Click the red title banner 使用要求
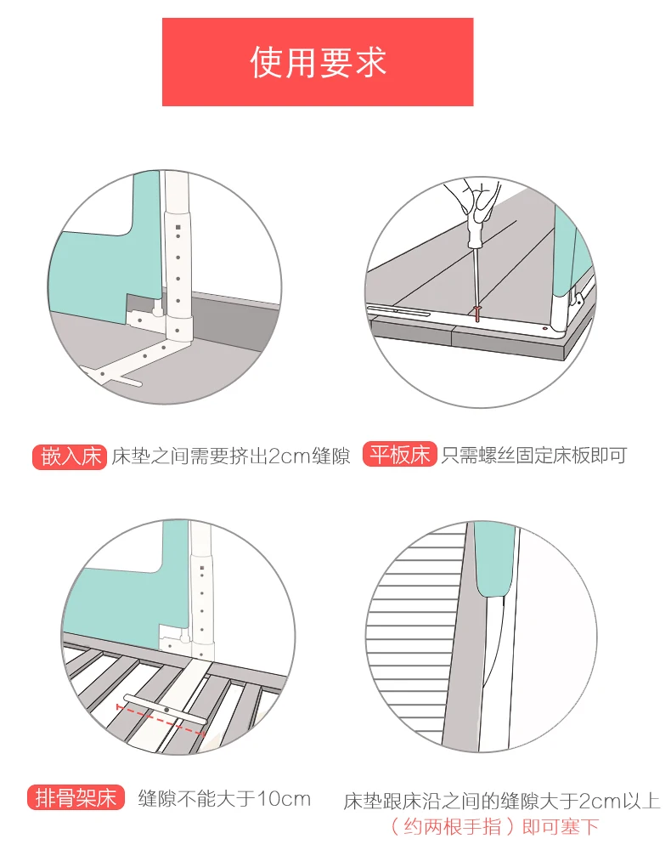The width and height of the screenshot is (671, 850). (x=318, y=62)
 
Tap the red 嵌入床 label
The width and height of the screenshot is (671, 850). (x=70, y=456)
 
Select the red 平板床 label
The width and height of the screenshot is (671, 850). (x=400, y=455)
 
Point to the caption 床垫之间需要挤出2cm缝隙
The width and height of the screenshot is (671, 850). (x=231, y=456)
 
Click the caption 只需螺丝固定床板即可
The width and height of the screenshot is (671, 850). (x=533, y=456)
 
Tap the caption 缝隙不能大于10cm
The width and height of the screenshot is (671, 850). (x=224, y=799)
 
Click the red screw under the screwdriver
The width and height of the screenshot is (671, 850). (x=479, y=314)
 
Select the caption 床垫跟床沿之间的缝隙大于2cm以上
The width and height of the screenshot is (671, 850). (x=501, y=801)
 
